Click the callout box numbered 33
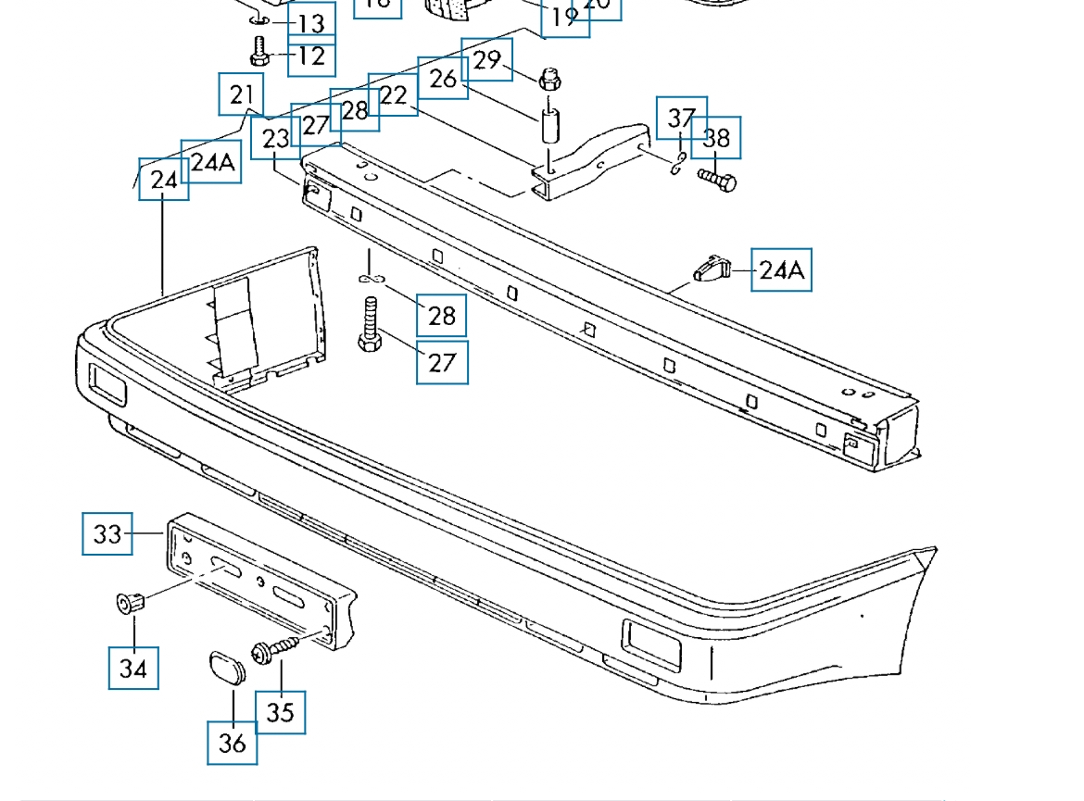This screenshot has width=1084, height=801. click(x=107, y=533)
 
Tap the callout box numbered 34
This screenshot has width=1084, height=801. click(x=133, y=668)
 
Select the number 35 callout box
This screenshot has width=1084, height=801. click(x=280, y=710)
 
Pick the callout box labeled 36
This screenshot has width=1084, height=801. click(x=232, y=742)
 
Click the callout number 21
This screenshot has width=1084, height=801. click(x=241, y=94)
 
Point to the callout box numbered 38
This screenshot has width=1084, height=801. click(x=716, y=138)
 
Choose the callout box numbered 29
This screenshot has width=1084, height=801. click(x=486, y=59)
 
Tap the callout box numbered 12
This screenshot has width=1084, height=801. click(x=311, y=56)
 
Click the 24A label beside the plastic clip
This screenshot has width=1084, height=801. click(x=781, y=269)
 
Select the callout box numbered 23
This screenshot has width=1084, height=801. click(x=275, y=138)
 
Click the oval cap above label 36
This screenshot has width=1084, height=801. click(x=224, y=666)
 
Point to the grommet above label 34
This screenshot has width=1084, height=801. click(x=131, y=603)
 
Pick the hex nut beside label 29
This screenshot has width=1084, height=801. click(x=548, y=79)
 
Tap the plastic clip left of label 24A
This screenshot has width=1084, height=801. click(x=712, y=269)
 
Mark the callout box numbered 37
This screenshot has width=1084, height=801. click(x=681, y=118)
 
